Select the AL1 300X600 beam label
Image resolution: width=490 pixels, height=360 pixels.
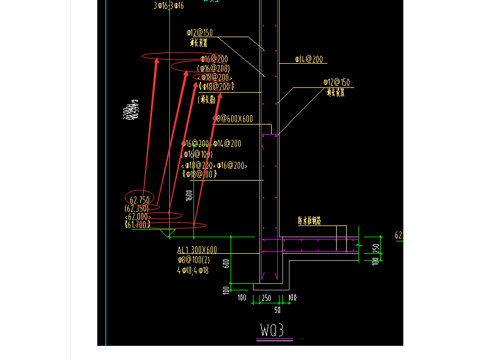pyautogui.click(x=197, y=250)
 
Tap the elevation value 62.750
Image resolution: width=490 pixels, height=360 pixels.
pyautogui.click(x=140, y=200)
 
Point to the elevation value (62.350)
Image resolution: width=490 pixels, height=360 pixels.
pyautogui.click(x=137, y=208)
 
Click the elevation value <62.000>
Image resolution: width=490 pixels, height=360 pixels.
pyautogui.click(x=138, y=217)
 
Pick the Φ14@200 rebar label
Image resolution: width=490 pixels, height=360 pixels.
pyautogui.click(x=310, y=59)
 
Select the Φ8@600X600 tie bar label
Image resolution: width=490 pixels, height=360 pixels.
pyautogui.click(x=233, y=119)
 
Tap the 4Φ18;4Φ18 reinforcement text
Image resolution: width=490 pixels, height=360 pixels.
pyautogui.click(x=192, y=270)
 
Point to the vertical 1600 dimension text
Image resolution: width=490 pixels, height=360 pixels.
pyautogui.click(x=189, y=195)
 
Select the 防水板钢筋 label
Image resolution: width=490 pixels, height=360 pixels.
pyautogui.click(x=309, y=221)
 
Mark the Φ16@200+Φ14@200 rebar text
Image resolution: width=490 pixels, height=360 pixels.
pyautogui.click(x=211, y=143)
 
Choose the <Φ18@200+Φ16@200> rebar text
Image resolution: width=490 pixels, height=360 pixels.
pyautogui.click(x=214, y=166)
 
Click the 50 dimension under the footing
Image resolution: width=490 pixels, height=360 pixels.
pyautogui.click(x=277, y=310)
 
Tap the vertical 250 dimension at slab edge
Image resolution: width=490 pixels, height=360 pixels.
pyautogui.click(x=375, y=247)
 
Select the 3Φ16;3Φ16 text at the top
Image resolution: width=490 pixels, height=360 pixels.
pyautogui.click(x=169, y=5)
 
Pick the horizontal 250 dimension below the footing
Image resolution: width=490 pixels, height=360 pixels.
pyautogui.click(x=266, y=298)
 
